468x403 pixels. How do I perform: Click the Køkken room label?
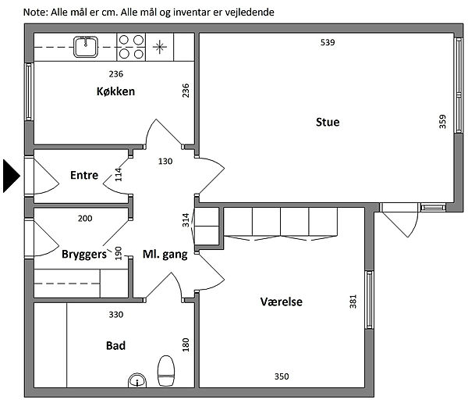point(115,91)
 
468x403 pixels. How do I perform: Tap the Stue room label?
point(328,122)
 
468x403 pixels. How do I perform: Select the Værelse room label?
point(281,301)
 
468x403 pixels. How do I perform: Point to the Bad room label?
point(115,346)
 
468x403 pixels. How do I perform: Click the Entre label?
point(84,175)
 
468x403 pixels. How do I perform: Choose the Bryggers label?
point(84,255)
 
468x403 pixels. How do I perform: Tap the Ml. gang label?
point(165,255)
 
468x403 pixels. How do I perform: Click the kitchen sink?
point(86,47)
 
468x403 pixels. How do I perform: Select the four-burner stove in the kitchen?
point(131,47)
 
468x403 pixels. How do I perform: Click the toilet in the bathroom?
point(165,371)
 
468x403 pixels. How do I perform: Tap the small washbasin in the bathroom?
point(137,380)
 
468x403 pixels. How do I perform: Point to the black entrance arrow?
point(12,176)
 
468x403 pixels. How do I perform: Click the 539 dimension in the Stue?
point(328,42)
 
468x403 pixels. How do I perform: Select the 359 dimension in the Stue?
point(442,122)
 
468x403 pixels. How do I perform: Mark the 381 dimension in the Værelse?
point(353,301)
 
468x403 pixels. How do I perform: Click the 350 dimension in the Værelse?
point(282,376)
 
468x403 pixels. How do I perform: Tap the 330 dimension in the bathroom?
point(115,315)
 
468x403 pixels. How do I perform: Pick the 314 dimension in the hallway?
point(186,219)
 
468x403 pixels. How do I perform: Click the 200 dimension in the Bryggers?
point(85,219)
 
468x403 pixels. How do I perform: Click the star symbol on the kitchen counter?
point(160,47)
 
